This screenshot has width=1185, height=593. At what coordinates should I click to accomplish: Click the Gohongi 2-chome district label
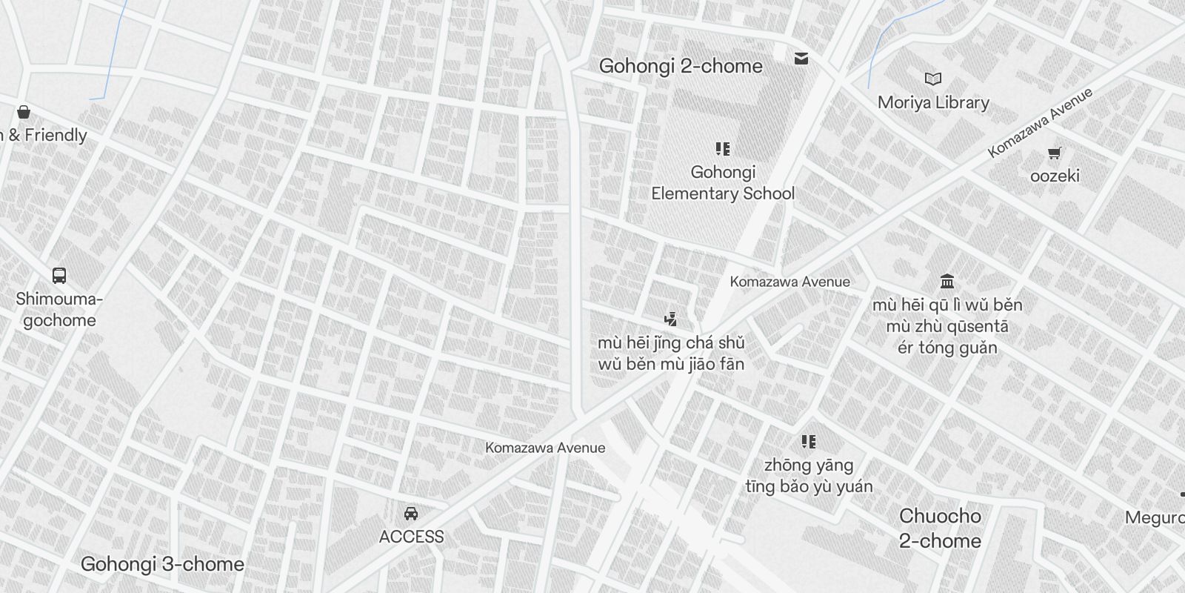tap(680, 66)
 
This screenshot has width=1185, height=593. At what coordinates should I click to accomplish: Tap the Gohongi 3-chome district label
tap(162, 564)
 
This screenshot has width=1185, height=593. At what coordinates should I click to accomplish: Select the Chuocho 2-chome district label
tap(940, 528)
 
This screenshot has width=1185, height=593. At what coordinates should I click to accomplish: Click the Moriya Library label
tap(933, 102)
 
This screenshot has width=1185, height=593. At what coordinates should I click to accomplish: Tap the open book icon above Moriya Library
tap(933, 79)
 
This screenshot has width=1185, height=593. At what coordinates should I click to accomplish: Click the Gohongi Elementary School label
tap(723, 182)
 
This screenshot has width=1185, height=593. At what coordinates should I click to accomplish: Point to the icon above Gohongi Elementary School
tap(723, 149)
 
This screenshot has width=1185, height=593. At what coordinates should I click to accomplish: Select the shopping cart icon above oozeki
tap(1055, 153)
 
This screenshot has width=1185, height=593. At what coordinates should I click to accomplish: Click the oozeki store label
tap(1055, 176)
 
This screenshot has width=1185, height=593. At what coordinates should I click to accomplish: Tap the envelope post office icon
tap(801, 58)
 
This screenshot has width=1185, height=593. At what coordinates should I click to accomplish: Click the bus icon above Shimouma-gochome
tap(59, 276)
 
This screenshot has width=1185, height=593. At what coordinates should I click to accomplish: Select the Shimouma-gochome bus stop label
tap(59, 310)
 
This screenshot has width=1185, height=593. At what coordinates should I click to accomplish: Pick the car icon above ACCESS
tap(411, 513)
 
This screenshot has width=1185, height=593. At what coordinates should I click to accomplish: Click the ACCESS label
tap(411, 537)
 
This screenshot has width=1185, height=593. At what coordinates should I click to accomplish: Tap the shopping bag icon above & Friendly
tap(24, 112)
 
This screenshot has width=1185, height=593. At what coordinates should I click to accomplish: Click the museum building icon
tap(947, 281)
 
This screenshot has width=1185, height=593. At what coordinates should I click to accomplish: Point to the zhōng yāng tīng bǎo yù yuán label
tap(809, 476)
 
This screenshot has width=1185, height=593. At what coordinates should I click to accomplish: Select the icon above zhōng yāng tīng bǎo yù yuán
tap(809, 442)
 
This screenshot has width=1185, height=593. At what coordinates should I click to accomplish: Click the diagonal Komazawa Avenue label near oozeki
tap(1040, 122)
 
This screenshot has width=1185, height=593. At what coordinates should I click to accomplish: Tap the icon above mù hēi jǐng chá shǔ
tap(671, 319)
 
